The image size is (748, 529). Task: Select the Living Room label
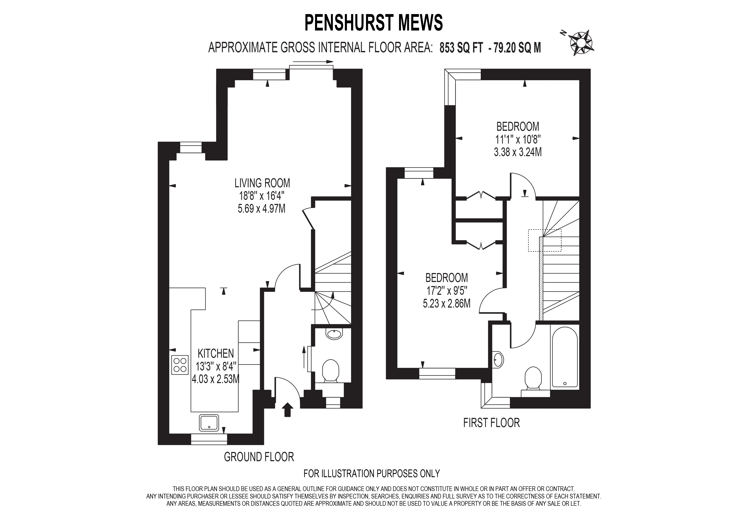(x=262, y=183)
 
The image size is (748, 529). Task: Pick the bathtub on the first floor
(x=565, y=357)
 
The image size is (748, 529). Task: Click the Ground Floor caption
(x=259, y=457)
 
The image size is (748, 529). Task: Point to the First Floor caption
(x=492, y=423)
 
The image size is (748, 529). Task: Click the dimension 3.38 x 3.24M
(x=518, y=152)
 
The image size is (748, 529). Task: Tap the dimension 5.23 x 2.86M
(x=447, y=304)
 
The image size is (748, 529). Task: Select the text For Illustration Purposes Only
(x=372, y=474)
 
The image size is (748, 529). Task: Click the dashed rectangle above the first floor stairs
(x=545, y=240)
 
